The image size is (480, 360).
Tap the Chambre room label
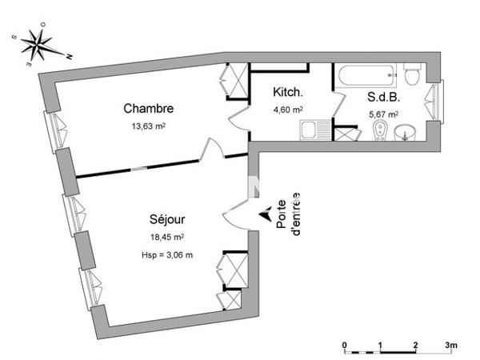pyautogui.click(x=148, y=109)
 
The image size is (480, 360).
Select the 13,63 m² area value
pyautogui.click(x=148, y=126)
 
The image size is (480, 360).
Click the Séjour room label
pyautogui.click(x=167, y=219)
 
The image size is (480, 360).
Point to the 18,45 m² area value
pyautogui.click(x=167, y=238)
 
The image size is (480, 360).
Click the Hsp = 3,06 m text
pyautogui.click(x=166, y=254)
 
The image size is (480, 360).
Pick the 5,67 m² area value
pyautogui.click(x=384, y=114)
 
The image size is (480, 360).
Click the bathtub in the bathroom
pyautogui.click(x=367, y=78)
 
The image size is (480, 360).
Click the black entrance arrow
pyautogui.click(x=265, y=214)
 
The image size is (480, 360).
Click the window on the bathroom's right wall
pyautogui.click(x=435, y=100)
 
